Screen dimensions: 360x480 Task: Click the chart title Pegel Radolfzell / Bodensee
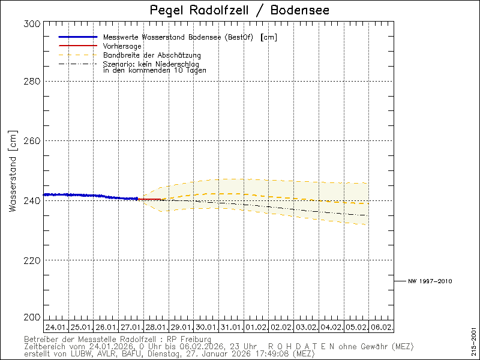pyautogui.click(x=239, y=11)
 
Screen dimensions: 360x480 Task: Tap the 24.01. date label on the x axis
pyautogui.click(x=56, y=328)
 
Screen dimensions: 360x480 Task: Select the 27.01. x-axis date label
pyautogui.click(x=131, y=328)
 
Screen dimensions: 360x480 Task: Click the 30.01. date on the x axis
pyautogui.click(x=206, y=328)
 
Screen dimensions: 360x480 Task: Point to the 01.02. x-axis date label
pyautogui.click(x=256, y=328)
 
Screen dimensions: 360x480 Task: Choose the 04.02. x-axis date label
pyautogui.click(x=331, y=328)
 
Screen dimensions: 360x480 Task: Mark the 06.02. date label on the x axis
pyautogui.click(x=381, y=328)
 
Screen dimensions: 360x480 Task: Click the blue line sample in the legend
pyautogui.click(x=78, y=37)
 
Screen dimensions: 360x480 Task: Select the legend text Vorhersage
pyautogui.click(x=122, y=46)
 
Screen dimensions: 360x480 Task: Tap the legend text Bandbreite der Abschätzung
pyautogui.click(x=148, y=55)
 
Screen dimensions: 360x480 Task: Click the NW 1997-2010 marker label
pyautogui.click(x=430, y=281)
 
